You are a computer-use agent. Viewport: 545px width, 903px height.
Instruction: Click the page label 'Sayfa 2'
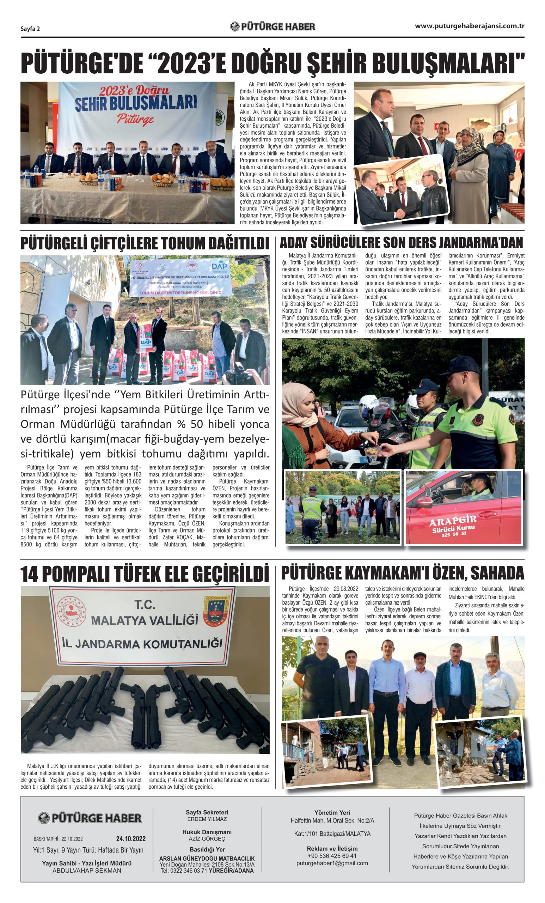pos(30,29)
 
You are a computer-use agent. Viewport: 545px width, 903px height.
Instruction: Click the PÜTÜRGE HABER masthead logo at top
pos(272,26)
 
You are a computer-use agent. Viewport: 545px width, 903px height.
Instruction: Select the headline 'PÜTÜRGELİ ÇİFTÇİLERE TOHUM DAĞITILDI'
pos(145,244)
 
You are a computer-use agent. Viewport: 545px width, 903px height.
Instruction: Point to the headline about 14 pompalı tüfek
pos(145,574)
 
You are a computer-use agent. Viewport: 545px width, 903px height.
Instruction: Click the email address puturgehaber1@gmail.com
pos(332,863)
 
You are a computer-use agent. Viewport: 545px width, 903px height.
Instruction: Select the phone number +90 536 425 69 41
pos(332,856)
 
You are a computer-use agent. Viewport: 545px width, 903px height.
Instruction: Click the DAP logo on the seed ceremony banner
pos(219,266)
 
